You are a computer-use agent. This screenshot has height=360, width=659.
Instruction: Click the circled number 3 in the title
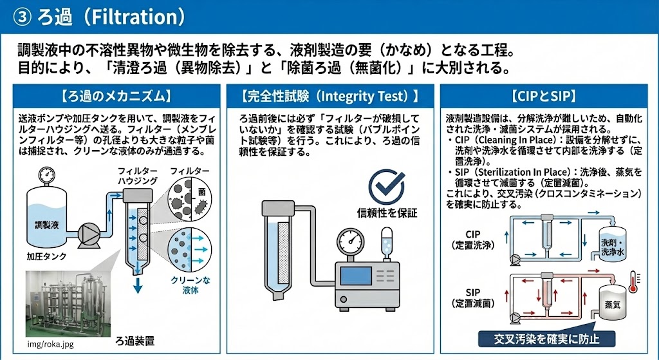pos(21,17)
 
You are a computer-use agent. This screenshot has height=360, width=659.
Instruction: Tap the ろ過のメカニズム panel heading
pos(116,97)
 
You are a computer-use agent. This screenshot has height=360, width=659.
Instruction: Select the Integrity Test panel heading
pos(330,97)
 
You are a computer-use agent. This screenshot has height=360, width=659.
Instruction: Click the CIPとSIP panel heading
pos(544,97)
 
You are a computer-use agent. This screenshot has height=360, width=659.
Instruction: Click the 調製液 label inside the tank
pos(46,225)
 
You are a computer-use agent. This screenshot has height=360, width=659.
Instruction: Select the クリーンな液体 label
pos(190,285)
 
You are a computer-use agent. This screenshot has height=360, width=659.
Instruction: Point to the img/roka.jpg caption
pos(50,344)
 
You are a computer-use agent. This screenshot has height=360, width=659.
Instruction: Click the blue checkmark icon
pos(387,187)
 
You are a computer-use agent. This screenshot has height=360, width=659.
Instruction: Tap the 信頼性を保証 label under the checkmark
pos(387,213)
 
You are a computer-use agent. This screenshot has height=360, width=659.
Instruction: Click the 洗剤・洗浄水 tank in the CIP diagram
pos(613,243)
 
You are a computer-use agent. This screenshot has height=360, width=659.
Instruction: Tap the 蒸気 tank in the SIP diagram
pos(613,301)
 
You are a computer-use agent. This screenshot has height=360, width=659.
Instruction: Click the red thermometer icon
pos(633,281)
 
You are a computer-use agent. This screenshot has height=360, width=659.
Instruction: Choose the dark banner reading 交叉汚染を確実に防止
pos(546,339)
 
